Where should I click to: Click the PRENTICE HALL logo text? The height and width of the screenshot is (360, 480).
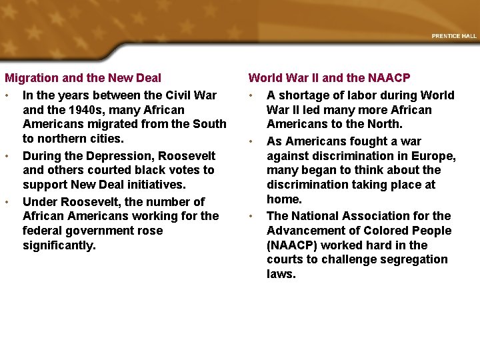454,36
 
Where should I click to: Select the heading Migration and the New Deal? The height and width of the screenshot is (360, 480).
83,79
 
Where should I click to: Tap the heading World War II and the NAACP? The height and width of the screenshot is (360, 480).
329,79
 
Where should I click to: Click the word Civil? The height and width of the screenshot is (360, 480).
183,95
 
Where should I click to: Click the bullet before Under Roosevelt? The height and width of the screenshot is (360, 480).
6,201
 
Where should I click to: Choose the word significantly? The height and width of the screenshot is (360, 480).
59,245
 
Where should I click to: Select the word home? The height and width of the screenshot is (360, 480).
284,199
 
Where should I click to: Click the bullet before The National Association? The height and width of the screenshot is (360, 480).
251,215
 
